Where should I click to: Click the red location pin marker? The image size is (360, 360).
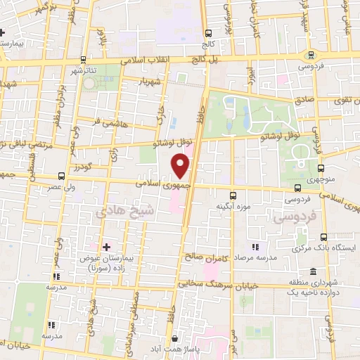(x=181, y=166)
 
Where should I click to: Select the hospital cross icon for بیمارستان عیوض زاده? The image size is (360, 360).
(x=106, y=247)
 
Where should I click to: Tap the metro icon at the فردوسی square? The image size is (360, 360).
(x=310, y=56)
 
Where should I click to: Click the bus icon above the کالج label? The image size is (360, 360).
(x=208, y=33)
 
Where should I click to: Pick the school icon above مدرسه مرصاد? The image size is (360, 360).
(x=255, y=247)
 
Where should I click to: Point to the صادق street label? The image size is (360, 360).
(x=304, y=100)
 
